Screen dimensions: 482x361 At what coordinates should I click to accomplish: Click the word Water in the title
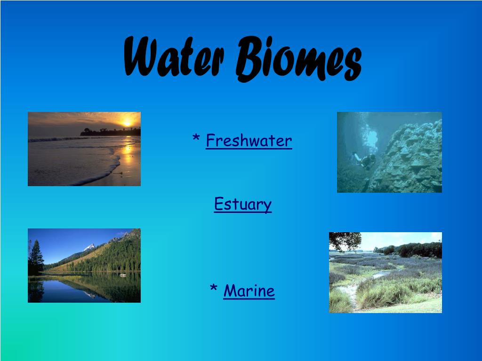(x=174, y=56)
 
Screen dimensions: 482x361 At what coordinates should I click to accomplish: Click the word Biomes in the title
(x=299, y=58)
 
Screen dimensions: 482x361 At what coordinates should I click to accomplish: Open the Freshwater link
(x=249, y=141)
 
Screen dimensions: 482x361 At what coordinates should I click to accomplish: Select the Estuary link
(x=243, y=204)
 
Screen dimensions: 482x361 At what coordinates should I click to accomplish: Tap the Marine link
(x=249, y=290)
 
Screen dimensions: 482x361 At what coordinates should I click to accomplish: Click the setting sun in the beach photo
(x=127, y=124)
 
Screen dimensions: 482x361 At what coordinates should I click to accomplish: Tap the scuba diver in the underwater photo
(x=365, y=160)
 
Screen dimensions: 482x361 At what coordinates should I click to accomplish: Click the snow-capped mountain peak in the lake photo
(x=89, y=247)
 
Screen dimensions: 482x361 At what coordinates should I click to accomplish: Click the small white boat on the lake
(x=123, y=275)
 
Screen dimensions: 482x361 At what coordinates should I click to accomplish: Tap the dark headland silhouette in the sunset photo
(x=110, y=132)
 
